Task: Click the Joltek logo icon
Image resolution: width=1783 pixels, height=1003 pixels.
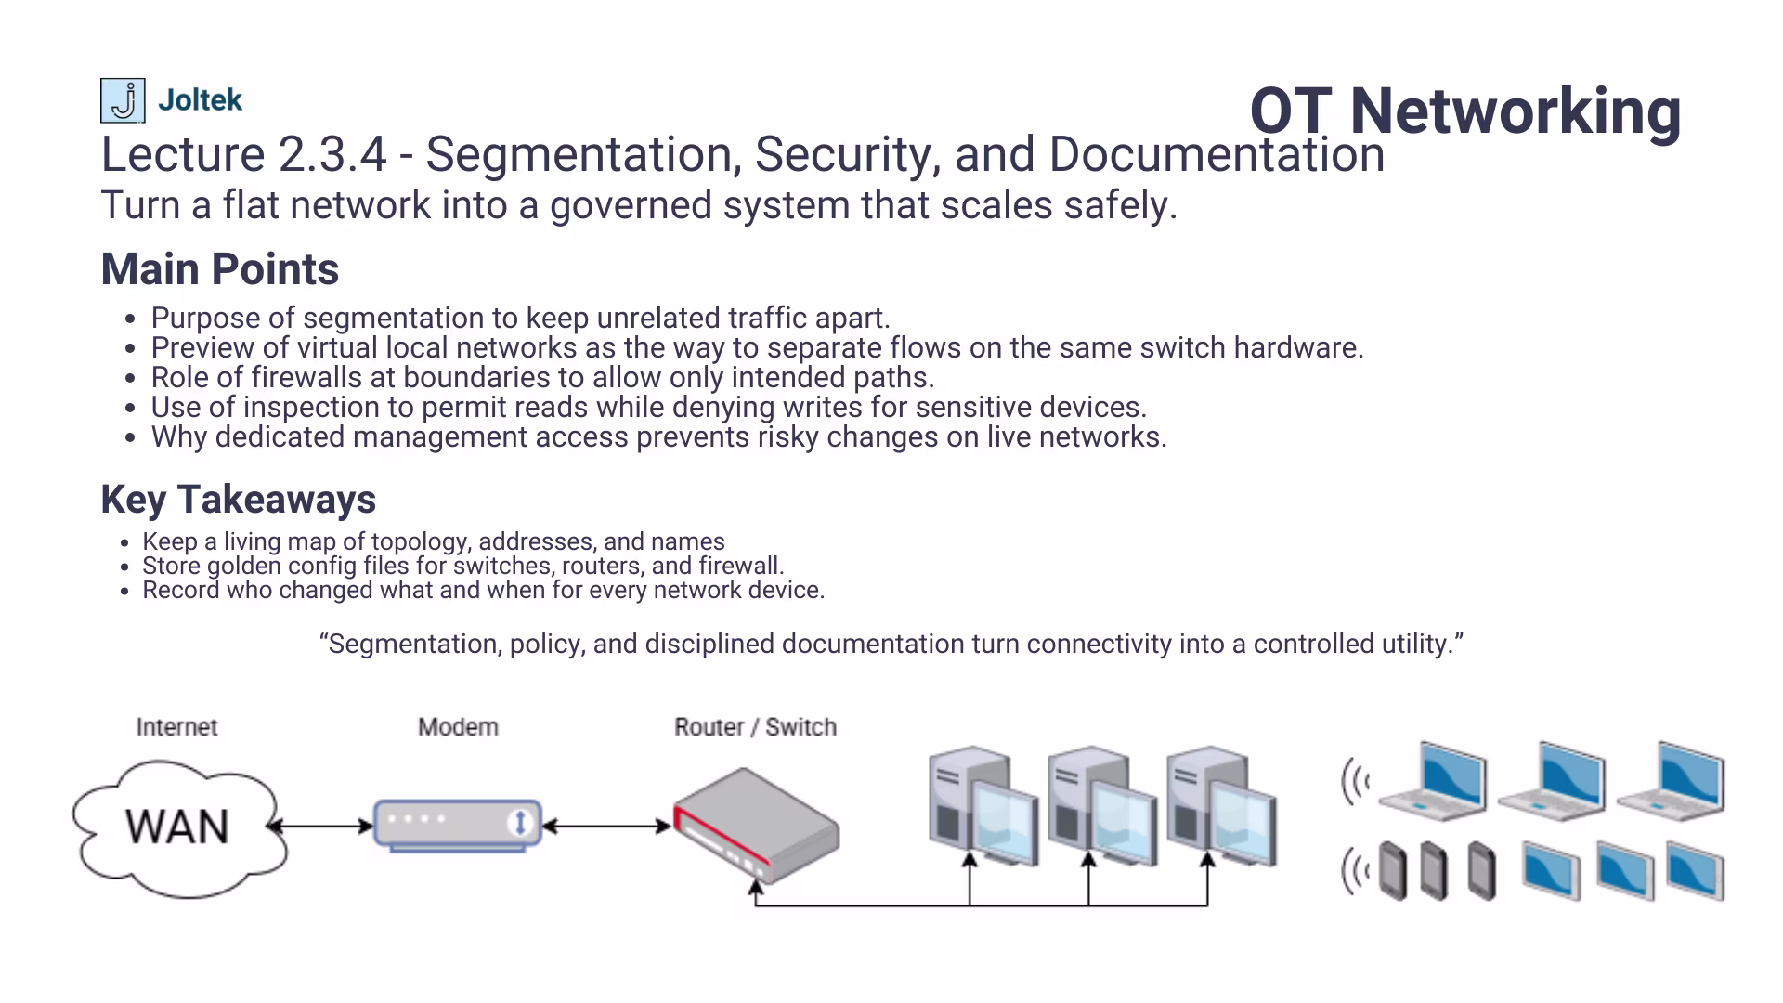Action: click(x=122, y=100)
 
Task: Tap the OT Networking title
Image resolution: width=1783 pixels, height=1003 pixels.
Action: click(x=1464, y=111)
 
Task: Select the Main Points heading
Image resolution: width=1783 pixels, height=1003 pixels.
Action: click(x=219, y=269)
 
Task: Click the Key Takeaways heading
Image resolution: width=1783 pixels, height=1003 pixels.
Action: click(x=238, y=500)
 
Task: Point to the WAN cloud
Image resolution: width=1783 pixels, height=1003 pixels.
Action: click(x=178, y=827)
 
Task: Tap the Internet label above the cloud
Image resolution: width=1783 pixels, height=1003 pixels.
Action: click(x=176, y=727)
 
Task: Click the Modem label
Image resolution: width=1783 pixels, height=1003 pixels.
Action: click(x=458, y=727)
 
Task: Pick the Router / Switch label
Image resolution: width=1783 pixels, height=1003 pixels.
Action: click(x=755, y=727)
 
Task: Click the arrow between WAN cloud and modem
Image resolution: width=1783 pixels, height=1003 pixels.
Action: click(x=320, y=826)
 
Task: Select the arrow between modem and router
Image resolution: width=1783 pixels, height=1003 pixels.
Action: click(x=605, y=826)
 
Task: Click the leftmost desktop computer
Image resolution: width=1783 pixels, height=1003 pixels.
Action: click(x=983, y=805)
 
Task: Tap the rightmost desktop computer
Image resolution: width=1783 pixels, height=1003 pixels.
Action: click(x=1220, y=805)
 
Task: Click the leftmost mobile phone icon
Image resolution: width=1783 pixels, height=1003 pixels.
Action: click(x=1393, y=871)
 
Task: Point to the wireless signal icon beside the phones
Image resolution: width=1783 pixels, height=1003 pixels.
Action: click(x=1355, y=872)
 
